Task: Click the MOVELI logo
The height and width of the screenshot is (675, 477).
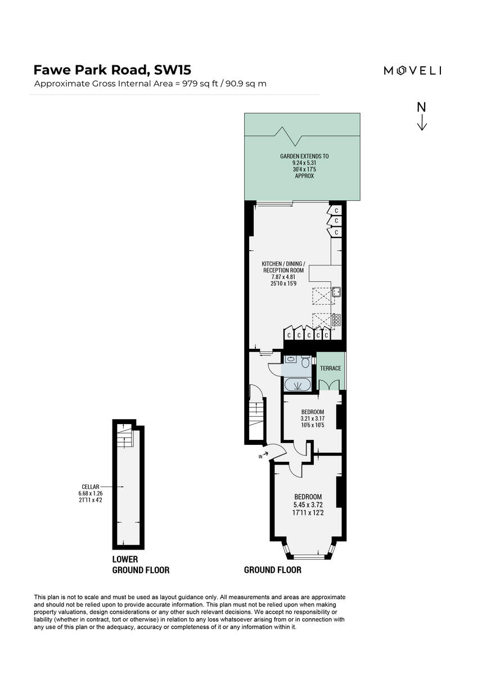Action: (x=412, y=70)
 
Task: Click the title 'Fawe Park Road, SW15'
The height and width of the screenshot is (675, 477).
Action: (x=112, y=70)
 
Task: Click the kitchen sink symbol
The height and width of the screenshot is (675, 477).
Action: (x=336, y=291)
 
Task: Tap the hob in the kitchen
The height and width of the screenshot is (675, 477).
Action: (x=336, y=319)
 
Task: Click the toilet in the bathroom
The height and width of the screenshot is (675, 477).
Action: (x=305, y=362)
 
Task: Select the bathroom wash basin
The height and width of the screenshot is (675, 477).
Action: (x=291, y=359)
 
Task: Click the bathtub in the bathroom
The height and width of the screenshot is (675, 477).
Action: (x=298, y=385)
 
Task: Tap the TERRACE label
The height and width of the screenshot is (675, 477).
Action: (x=331, y=368)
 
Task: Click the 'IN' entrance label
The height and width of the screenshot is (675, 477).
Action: (x=260, y=457)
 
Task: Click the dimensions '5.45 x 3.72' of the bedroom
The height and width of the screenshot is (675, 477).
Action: (x=308, y=505)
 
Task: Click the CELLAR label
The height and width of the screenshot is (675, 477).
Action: (x=90, y=487)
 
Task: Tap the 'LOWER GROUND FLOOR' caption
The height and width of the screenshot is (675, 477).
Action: (x=141, y=565)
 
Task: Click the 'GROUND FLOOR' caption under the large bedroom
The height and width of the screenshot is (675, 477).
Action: (x=272, y=570)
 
